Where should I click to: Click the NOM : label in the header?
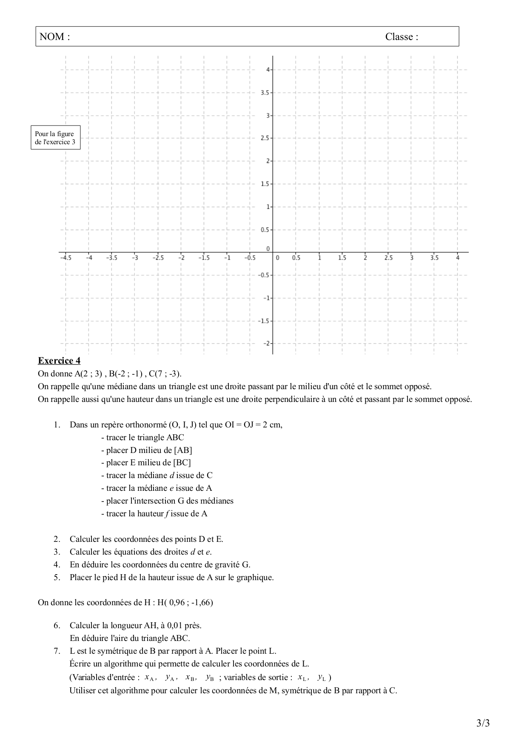pos(54,37)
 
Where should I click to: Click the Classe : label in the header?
pos(402,37)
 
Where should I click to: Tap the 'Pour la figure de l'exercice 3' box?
pos(55,138)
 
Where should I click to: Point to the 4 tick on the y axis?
pos(268,69)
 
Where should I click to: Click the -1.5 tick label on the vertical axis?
pos(264,321)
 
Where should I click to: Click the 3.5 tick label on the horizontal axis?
pos(434,258)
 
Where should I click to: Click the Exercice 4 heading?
pos(59,361)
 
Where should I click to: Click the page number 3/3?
pos(483,723)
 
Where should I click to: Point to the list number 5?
pos(57,578)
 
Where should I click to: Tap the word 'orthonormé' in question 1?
pos(146,425)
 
